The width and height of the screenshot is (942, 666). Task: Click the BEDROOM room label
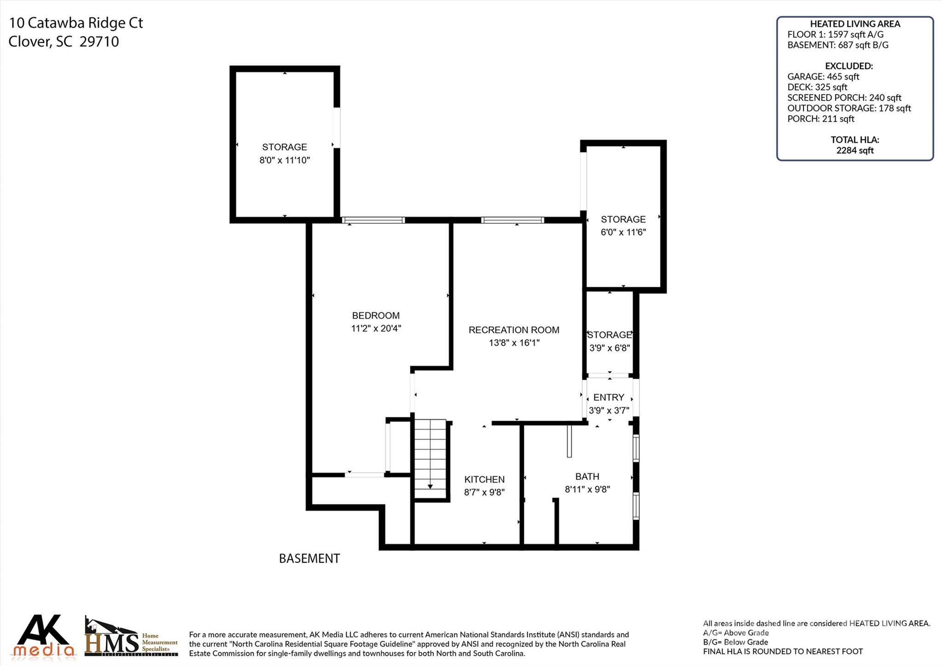(x=376, y=316)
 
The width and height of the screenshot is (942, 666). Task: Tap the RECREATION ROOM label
(x=514, y=330)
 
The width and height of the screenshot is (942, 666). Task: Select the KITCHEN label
(x=484, y=480)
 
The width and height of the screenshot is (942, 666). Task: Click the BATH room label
(x=587, y=477)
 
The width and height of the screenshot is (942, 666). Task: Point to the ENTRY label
(x=609, y=398)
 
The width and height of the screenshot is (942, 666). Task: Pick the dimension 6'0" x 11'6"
(x=623, y=232)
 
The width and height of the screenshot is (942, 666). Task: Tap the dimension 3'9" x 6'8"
(x=609, y=348)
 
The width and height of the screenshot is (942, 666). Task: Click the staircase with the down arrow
(x=431, y=458)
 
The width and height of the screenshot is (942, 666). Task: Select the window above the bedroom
(x=373, y=220)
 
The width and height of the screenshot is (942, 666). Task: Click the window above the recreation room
(x=512, y=220)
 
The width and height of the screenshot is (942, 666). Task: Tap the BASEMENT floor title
(x=309, y=559)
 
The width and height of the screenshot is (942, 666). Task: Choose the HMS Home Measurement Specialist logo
(x=131, y=637)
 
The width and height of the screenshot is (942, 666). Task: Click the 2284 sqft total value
(x=855, y=151)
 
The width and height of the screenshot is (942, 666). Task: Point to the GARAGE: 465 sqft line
(x=823, y=77)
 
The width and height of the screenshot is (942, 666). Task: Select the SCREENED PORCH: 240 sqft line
(x=844, y=98)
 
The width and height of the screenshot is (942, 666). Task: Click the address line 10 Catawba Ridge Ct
(x=76, y=23)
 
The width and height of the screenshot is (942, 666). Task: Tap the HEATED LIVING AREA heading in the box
(x=855, y=24)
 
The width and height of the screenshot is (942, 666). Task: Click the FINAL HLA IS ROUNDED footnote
(x=782, y=652)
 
